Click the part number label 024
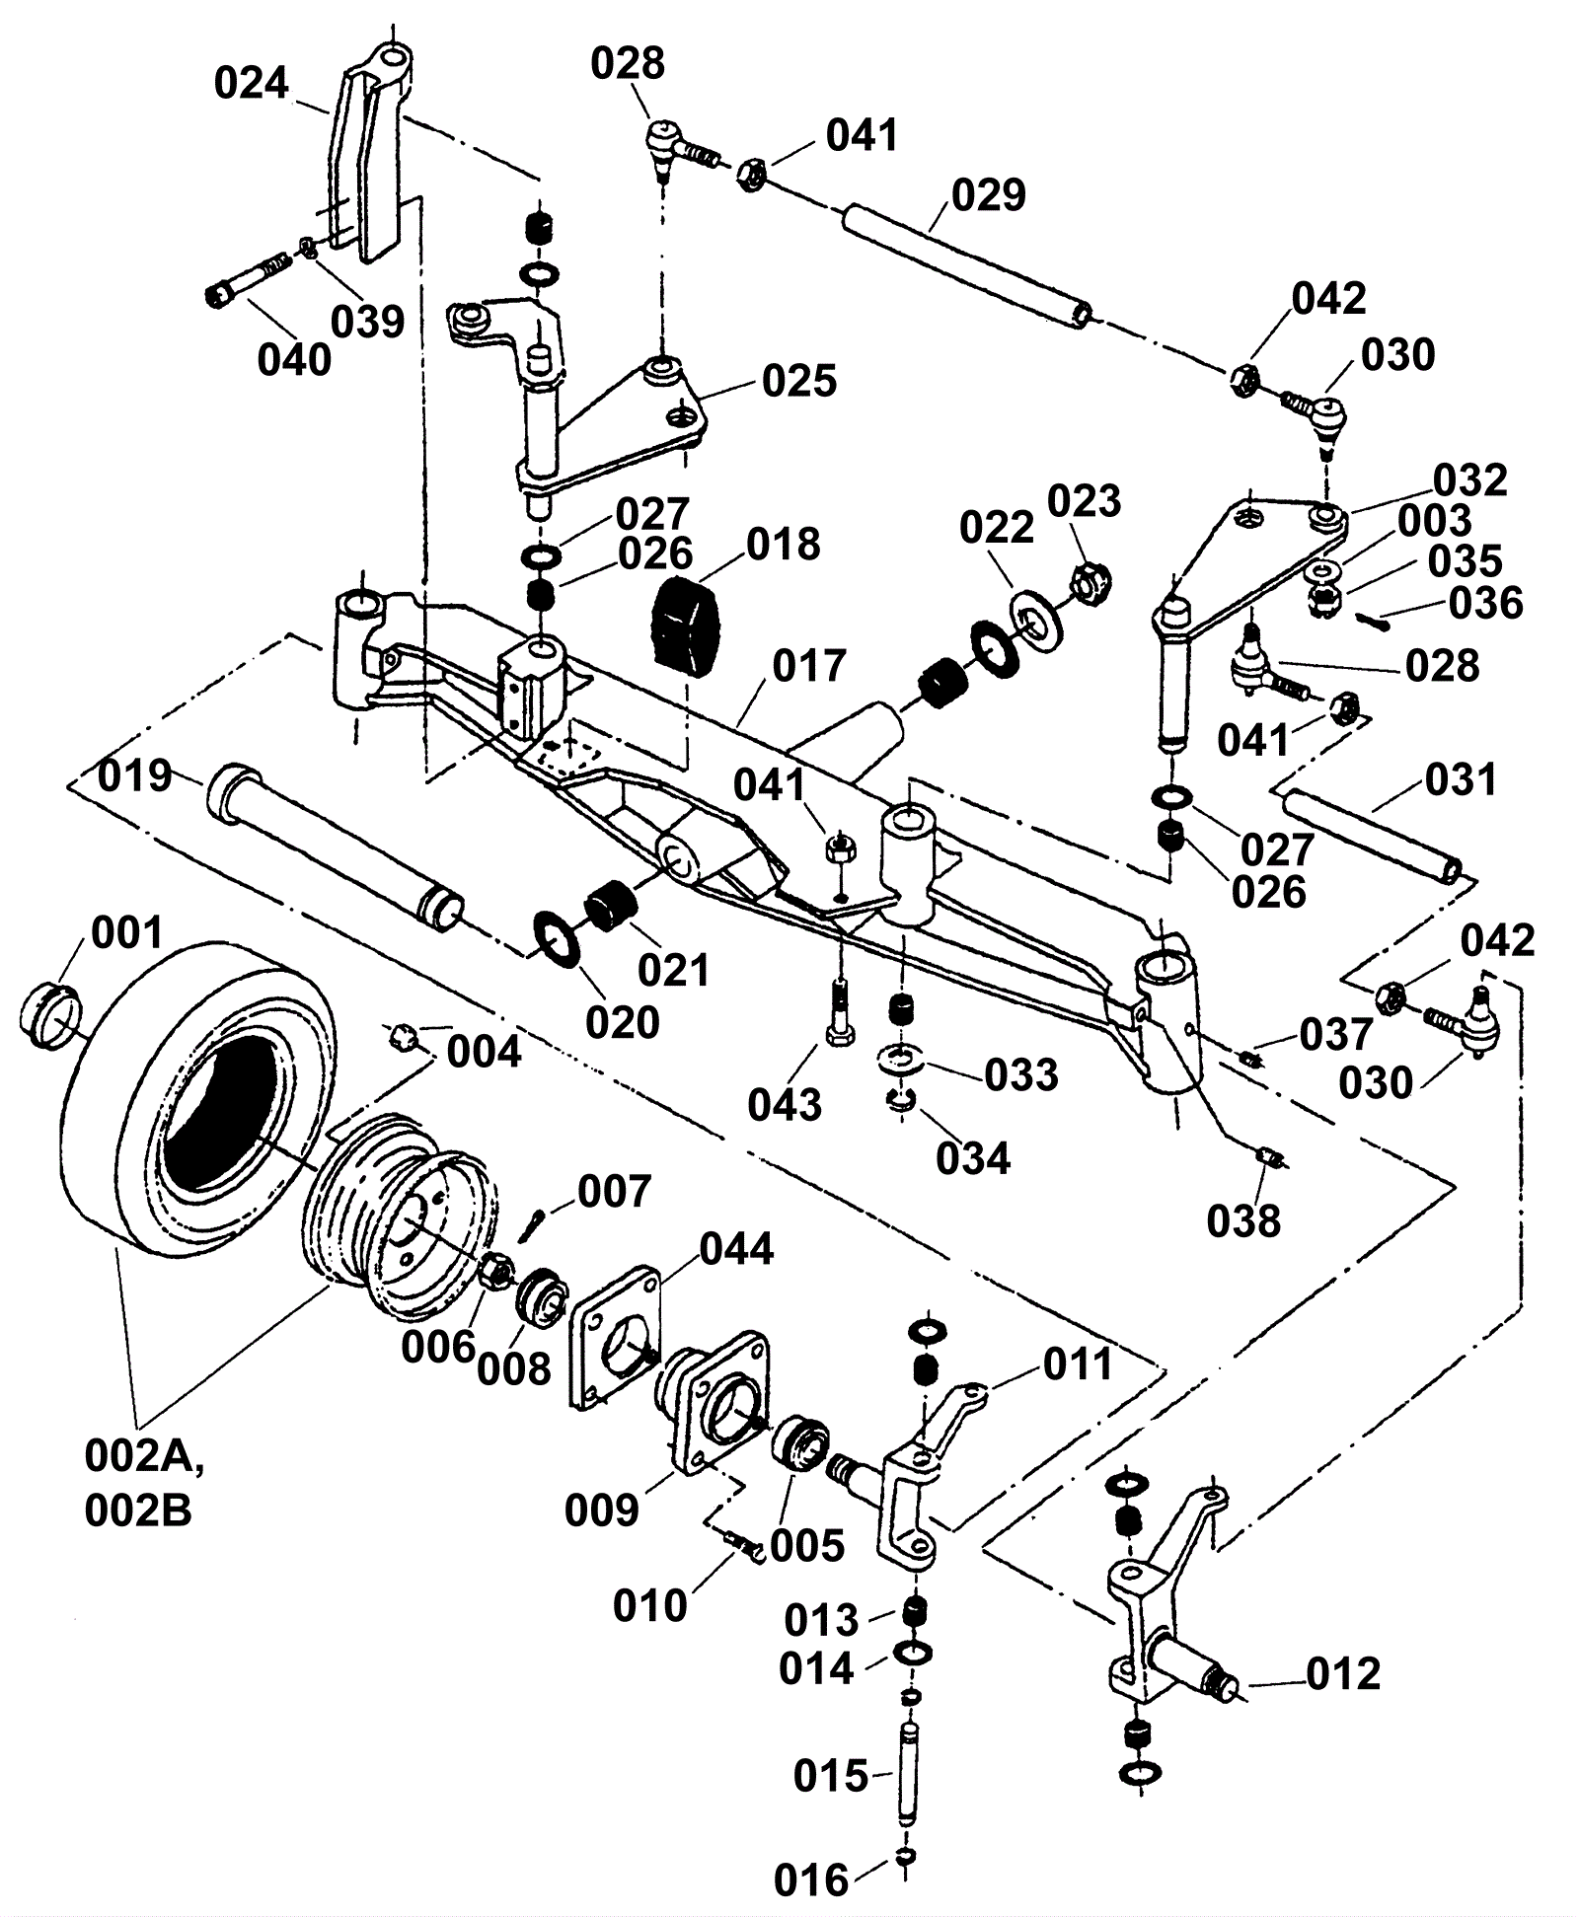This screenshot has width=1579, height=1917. point(251,84)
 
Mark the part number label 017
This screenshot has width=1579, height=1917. point(809,667)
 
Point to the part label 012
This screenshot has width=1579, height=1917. point(1343,1674)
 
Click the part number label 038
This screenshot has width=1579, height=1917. point(1243,1221)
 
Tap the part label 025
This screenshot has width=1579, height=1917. point(799,381)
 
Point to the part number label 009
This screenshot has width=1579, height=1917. point(602,1511)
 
